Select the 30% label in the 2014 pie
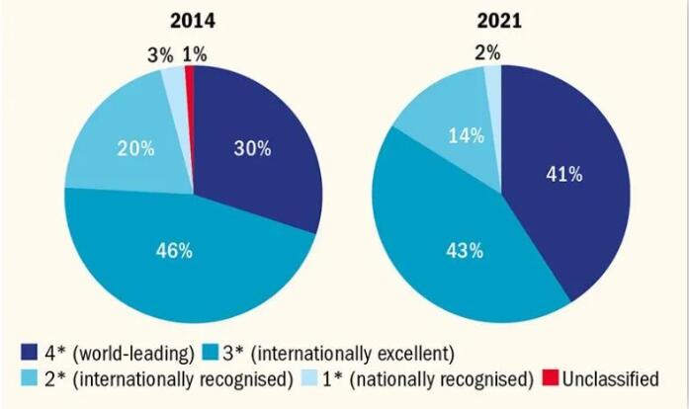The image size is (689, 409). click(252, 150)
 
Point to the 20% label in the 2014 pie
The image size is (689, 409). click(135, 150)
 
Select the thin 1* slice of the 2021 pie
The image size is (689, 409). click(492, 76)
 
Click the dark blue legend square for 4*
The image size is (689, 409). click(31, 353)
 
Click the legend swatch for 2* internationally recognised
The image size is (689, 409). click(31, 378)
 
